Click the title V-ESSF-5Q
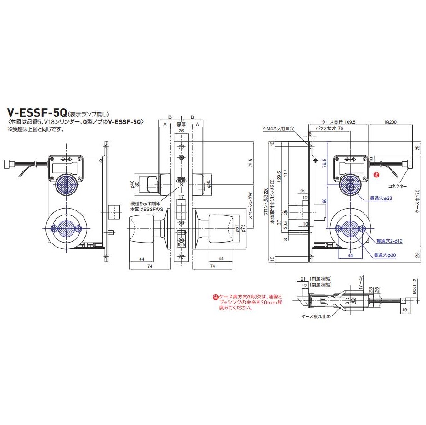tap(37, 112)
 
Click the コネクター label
tap(398, 187)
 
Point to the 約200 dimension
tap(391, 122)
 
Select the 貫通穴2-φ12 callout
tap(389, 241)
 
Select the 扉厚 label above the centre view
tap(182, 124)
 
